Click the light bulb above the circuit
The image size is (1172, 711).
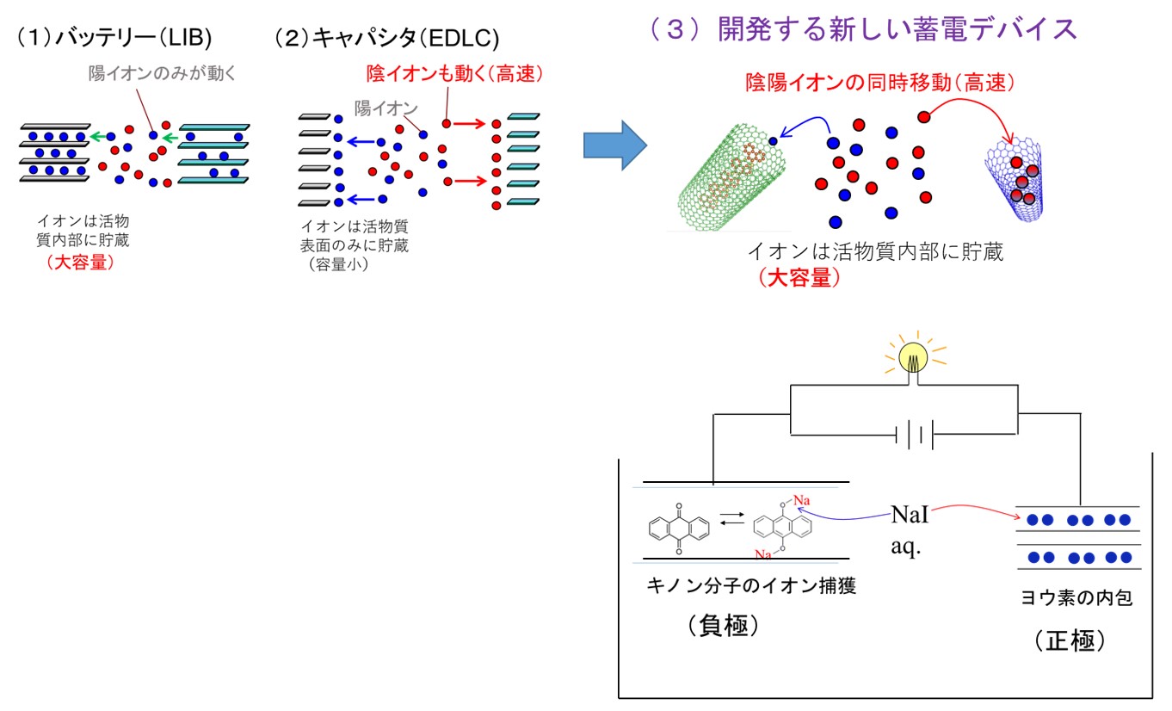point(913,358)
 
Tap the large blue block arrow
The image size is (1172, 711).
point(615,145)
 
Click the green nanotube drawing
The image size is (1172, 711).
point(730,177)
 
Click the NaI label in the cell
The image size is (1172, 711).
point(910,515)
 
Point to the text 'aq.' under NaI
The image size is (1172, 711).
point(905,547)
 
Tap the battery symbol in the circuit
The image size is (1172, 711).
point(915,434)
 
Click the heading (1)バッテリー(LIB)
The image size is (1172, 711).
point(114,37)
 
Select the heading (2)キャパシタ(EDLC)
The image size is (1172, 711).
point(386,38)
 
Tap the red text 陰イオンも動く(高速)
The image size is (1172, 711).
point(454,74)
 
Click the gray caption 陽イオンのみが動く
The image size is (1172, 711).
point(162,73)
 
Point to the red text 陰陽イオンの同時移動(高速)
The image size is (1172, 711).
point(880,83)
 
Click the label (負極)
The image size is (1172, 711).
point(724,625)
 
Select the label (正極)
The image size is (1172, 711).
point(1070,640)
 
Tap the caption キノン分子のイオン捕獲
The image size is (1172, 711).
point(751,585)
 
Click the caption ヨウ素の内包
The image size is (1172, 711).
point(1076,597)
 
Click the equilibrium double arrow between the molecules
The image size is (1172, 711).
point(732,518)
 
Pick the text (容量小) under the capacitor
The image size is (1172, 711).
point(338,264)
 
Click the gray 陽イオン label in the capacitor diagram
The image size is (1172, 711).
point(386,108)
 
